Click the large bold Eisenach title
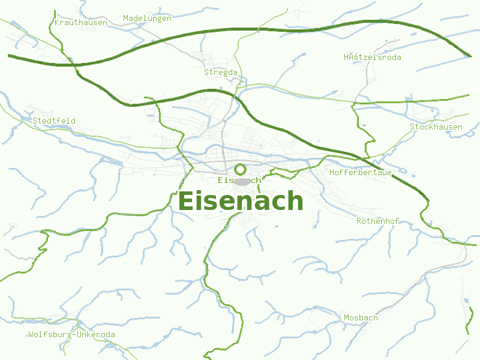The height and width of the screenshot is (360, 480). (241, 201)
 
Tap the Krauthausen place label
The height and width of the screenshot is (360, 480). (80, 22)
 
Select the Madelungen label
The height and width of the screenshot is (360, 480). (147, 18)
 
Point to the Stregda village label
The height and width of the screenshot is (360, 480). (221, 72)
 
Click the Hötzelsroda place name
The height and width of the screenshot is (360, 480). (372, 57)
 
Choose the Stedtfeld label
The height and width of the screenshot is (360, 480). (54, 121)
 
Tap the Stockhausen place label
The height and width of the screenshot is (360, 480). (436, 127)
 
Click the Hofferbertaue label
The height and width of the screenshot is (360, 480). (361, 172)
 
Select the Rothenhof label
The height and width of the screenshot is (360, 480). (377, 221)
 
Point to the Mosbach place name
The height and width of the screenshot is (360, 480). (361, 317)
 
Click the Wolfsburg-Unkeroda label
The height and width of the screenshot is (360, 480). (71, 334)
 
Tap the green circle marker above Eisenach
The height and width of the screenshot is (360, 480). (240, 169)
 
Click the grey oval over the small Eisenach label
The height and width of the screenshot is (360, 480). (241, 181)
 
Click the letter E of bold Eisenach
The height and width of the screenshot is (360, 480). (187, 201)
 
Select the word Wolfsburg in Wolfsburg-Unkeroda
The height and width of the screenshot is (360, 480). (50, 334)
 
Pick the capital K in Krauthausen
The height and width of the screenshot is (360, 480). (56, 22)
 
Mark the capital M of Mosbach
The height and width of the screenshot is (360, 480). (346, 317)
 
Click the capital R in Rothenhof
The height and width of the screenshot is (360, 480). (359, 221)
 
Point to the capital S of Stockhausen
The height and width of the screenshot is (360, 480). (412, 127)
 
